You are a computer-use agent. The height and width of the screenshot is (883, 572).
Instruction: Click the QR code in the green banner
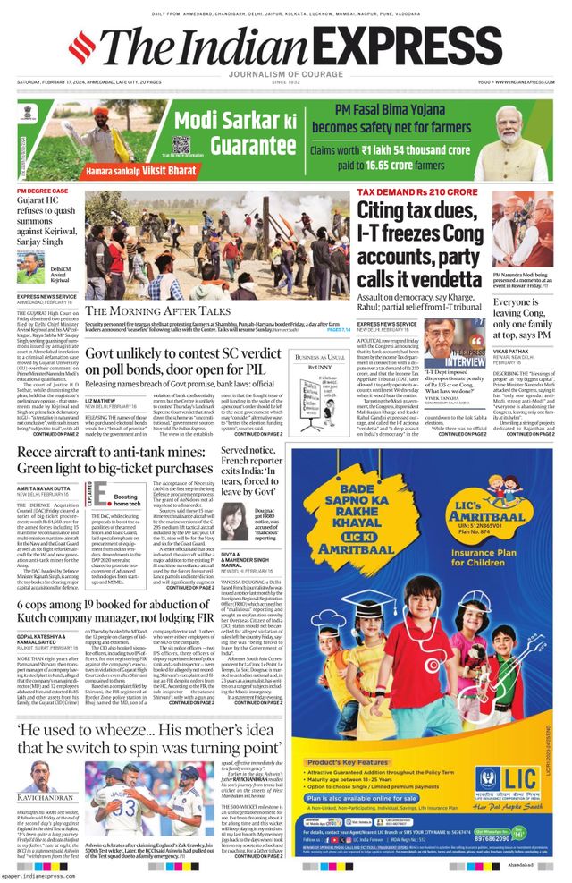[x=181, y=145]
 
